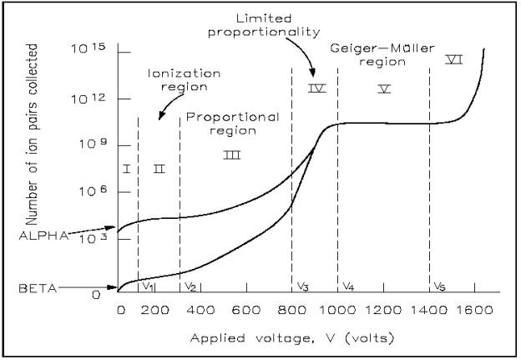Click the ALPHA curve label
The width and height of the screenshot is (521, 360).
click(42, 236)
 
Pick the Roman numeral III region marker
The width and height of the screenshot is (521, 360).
click(232, 155)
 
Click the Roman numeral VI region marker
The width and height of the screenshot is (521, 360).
click(454, 59)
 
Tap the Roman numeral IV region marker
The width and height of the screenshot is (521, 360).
click(316, 88)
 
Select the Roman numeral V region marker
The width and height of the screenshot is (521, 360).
click(384, 88)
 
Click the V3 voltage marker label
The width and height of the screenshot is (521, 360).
click(303, 286)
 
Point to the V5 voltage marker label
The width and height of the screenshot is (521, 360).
click(440, 286)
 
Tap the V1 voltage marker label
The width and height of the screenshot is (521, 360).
click(149, 286)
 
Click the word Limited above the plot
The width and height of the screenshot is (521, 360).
click(310, 17)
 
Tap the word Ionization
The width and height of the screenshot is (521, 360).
click(174, 71)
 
